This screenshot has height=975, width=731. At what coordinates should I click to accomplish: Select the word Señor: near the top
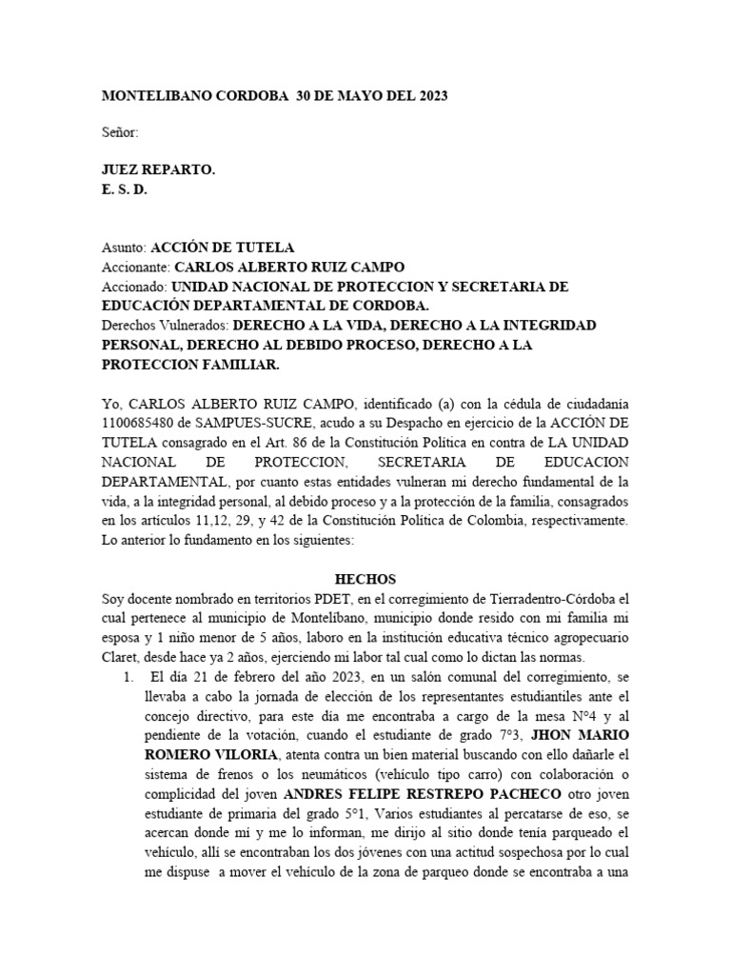(x=121, y=132)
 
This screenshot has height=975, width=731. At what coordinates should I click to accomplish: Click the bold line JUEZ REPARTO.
(x=158, y=169)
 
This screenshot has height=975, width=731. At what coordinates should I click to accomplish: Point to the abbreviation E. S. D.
(x=125, y=189)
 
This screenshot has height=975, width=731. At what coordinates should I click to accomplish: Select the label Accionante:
(x=136, y=267)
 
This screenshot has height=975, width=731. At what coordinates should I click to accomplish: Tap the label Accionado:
(x=134, y=287)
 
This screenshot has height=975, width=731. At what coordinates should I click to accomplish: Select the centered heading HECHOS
(x=365, y=579)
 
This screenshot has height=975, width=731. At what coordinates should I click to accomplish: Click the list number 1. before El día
(x=129, y=678)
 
